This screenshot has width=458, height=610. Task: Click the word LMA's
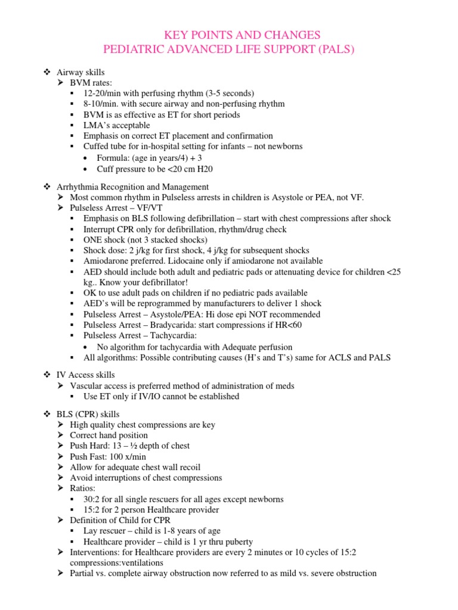97,125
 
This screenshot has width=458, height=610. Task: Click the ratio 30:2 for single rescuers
94,499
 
